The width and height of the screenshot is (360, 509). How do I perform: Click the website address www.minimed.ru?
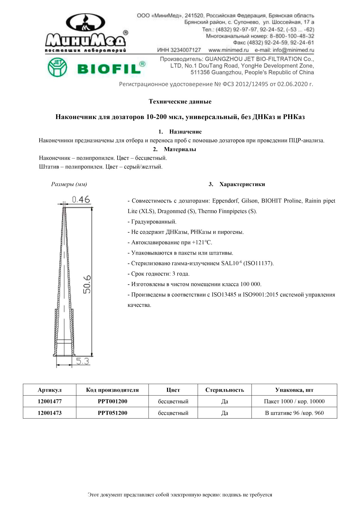(x=229, y=50)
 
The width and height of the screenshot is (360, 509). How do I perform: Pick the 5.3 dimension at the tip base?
(x=82, y=361)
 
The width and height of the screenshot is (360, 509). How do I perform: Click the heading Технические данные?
(x=180, y=101)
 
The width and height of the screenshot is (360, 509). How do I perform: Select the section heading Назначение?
(x=185, y=132)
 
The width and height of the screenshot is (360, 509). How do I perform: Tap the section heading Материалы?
(x=180, y=149)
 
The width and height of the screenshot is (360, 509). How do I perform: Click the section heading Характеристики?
(x=242, y=184)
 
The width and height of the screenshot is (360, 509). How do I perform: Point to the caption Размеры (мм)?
(x=69, y=184)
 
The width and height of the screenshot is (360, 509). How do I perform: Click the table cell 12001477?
(x=50, y=401)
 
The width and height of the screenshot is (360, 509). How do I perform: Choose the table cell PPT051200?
(x=112, y=413)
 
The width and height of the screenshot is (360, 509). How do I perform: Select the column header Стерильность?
(x=225, y=390)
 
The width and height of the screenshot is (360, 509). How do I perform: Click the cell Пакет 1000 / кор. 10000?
(x=294, y=401)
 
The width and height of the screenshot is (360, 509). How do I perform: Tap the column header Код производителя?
(x=112, y=390)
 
